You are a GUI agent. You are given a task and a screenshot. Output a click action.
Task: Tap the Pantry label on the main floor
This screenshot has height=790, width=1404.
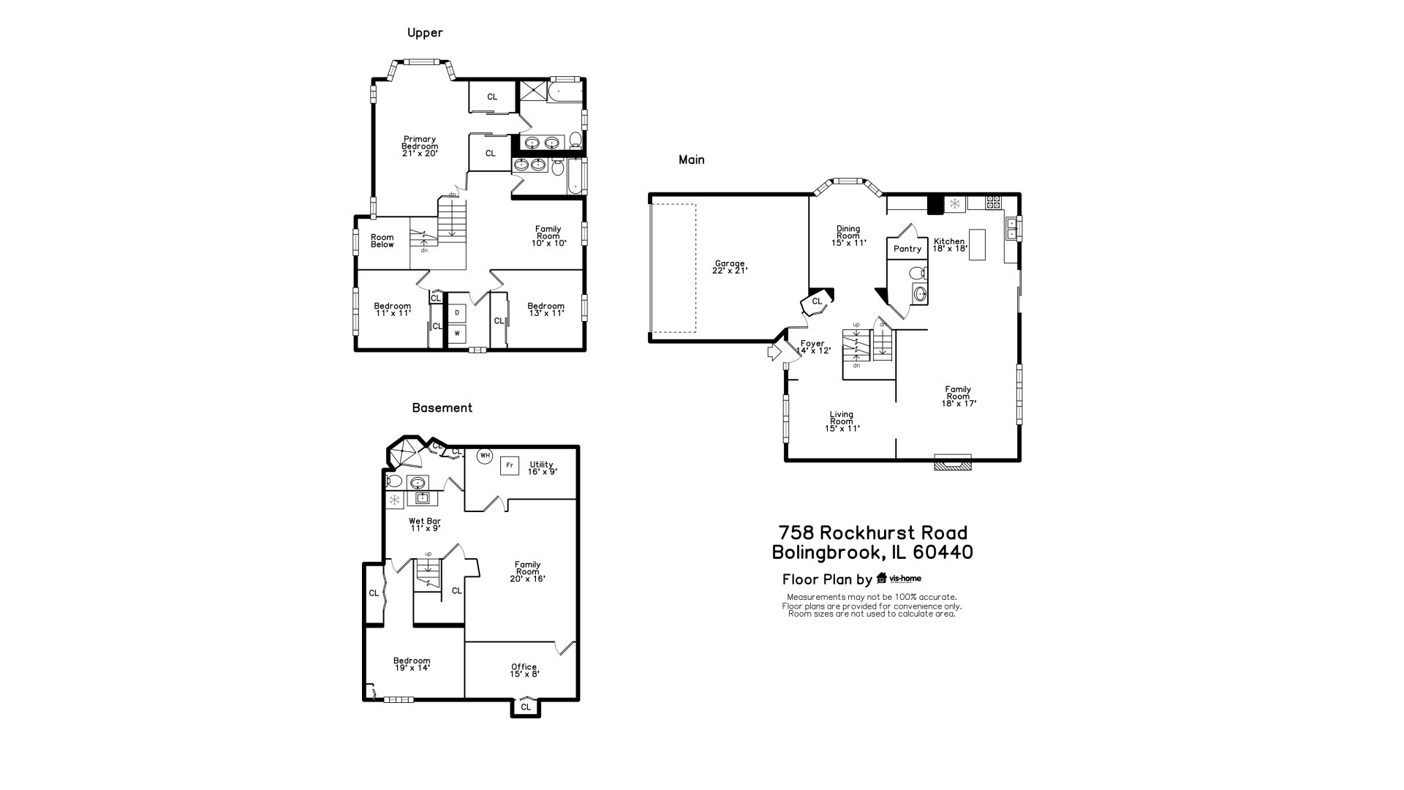(x=907, y=249)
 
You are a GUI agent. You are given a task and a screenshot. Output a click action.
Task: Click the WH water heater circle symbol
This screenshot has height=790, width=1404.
(x=485, y=456)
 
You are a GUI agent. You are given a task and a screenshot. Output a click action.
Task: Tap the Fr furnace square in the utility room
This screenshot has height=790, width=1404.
(x=510, y=465)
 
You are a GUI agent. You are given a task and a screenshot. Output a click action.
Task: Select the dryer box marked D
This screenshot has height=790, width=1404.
(x=457, y=313)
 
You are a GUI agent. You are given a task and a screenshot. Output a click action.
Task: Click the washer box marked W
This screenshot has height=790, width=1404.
(x=457, y=334)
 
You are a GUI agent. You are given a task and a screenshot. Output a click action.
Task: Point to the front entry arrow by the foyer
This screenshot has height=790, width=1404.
(x=774, y=353)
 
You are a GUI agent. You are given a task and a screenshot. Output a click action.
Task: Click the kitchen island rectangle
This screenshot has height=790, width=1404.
(x=978, y=244)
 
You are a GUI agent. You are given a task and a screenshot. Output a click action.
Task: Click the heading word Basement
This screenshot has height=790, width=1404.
(x=442, y=408)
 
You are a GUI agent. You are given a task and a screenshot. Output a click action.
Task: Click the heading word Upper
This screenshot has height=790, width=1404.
(x=425, y=33)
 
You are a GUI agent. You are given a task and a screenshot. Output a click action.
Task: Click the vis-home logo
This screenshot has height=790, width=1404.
(x=899, y=579)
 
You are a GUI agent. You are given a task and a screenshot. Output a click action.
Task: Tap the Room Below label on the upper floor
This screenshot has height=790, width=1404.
(x=382, y=241)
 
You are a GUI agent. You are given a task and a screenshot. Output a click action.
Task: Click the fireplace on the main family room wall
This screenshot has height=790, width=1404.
(x=953, y=463)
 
